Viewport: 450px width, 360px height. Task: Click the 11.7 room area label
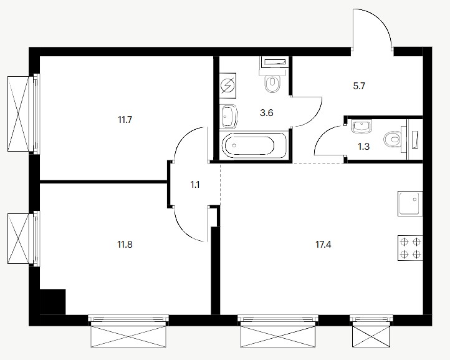(125, 119)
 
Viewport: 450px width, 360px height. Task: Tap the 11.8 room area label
(125, 245)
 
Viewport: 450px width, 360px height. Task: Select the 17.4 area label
(323, 245)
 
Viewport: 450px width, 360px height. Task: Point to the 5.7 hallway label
(359, 86)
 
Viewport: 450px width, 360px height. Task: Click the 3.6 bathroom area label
(266, 113)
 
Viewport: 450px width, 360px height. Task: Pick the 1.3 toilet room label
(363, 147)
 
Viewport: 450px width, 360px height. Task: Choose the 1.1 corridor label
(195, 185)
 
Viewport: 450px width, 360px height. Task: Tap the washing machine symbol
(228, 85)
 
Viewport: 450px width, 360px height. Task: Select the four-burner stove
(410, 248)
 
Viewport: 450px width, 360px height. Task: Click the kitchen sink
(410, 203)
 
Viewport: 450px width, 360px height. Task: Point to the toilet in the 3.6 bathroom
(272, 80)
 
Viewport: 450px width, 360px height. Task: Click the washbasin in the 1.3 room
(361, 127)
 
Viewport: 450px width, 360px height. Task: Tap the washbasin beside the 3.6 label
(229, 117)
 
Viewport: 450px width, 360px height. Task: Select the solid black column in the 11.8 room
(52, 302)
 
